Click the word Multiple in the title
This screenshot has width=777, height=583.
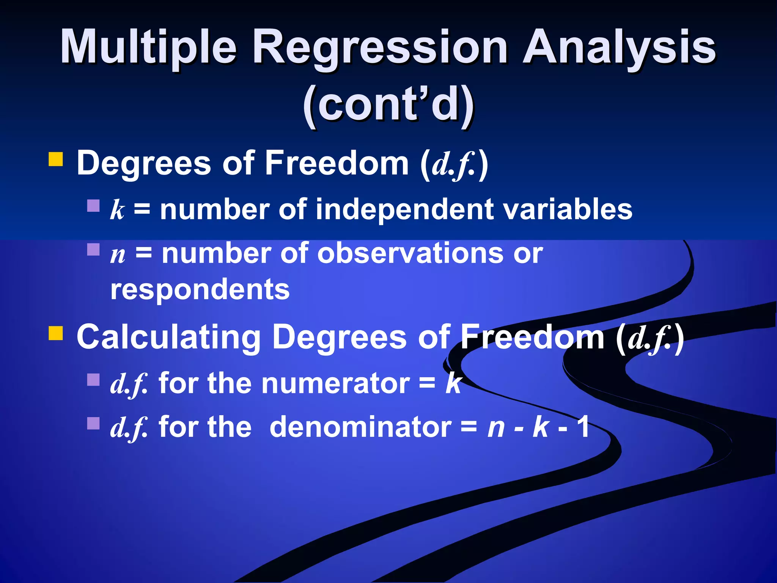pos(148,47)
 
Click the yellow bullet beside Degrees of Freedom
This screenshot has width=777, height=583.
pos(56,159)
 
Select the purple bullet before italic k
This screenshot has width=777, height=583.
pos(93,206)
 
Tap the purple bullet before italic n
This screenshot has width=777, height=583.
pos(93,249)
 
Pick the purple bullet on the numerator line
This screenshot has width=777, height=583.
pos(93,380)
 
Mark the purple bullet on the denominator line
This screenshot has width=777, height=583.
pos(93,423)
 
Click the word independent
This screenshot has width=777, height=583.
pos(404,210)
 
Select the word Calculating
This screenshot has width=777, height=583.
pos(168,337)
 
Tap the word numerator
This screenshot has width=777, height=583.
pos(335,383)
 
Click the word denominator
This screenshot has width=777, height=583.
pos(360,427)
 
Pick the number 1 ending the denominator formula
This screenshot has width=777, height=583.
pos(583,427)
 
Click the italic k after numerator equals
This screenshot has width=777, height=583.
pos(453,383)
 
